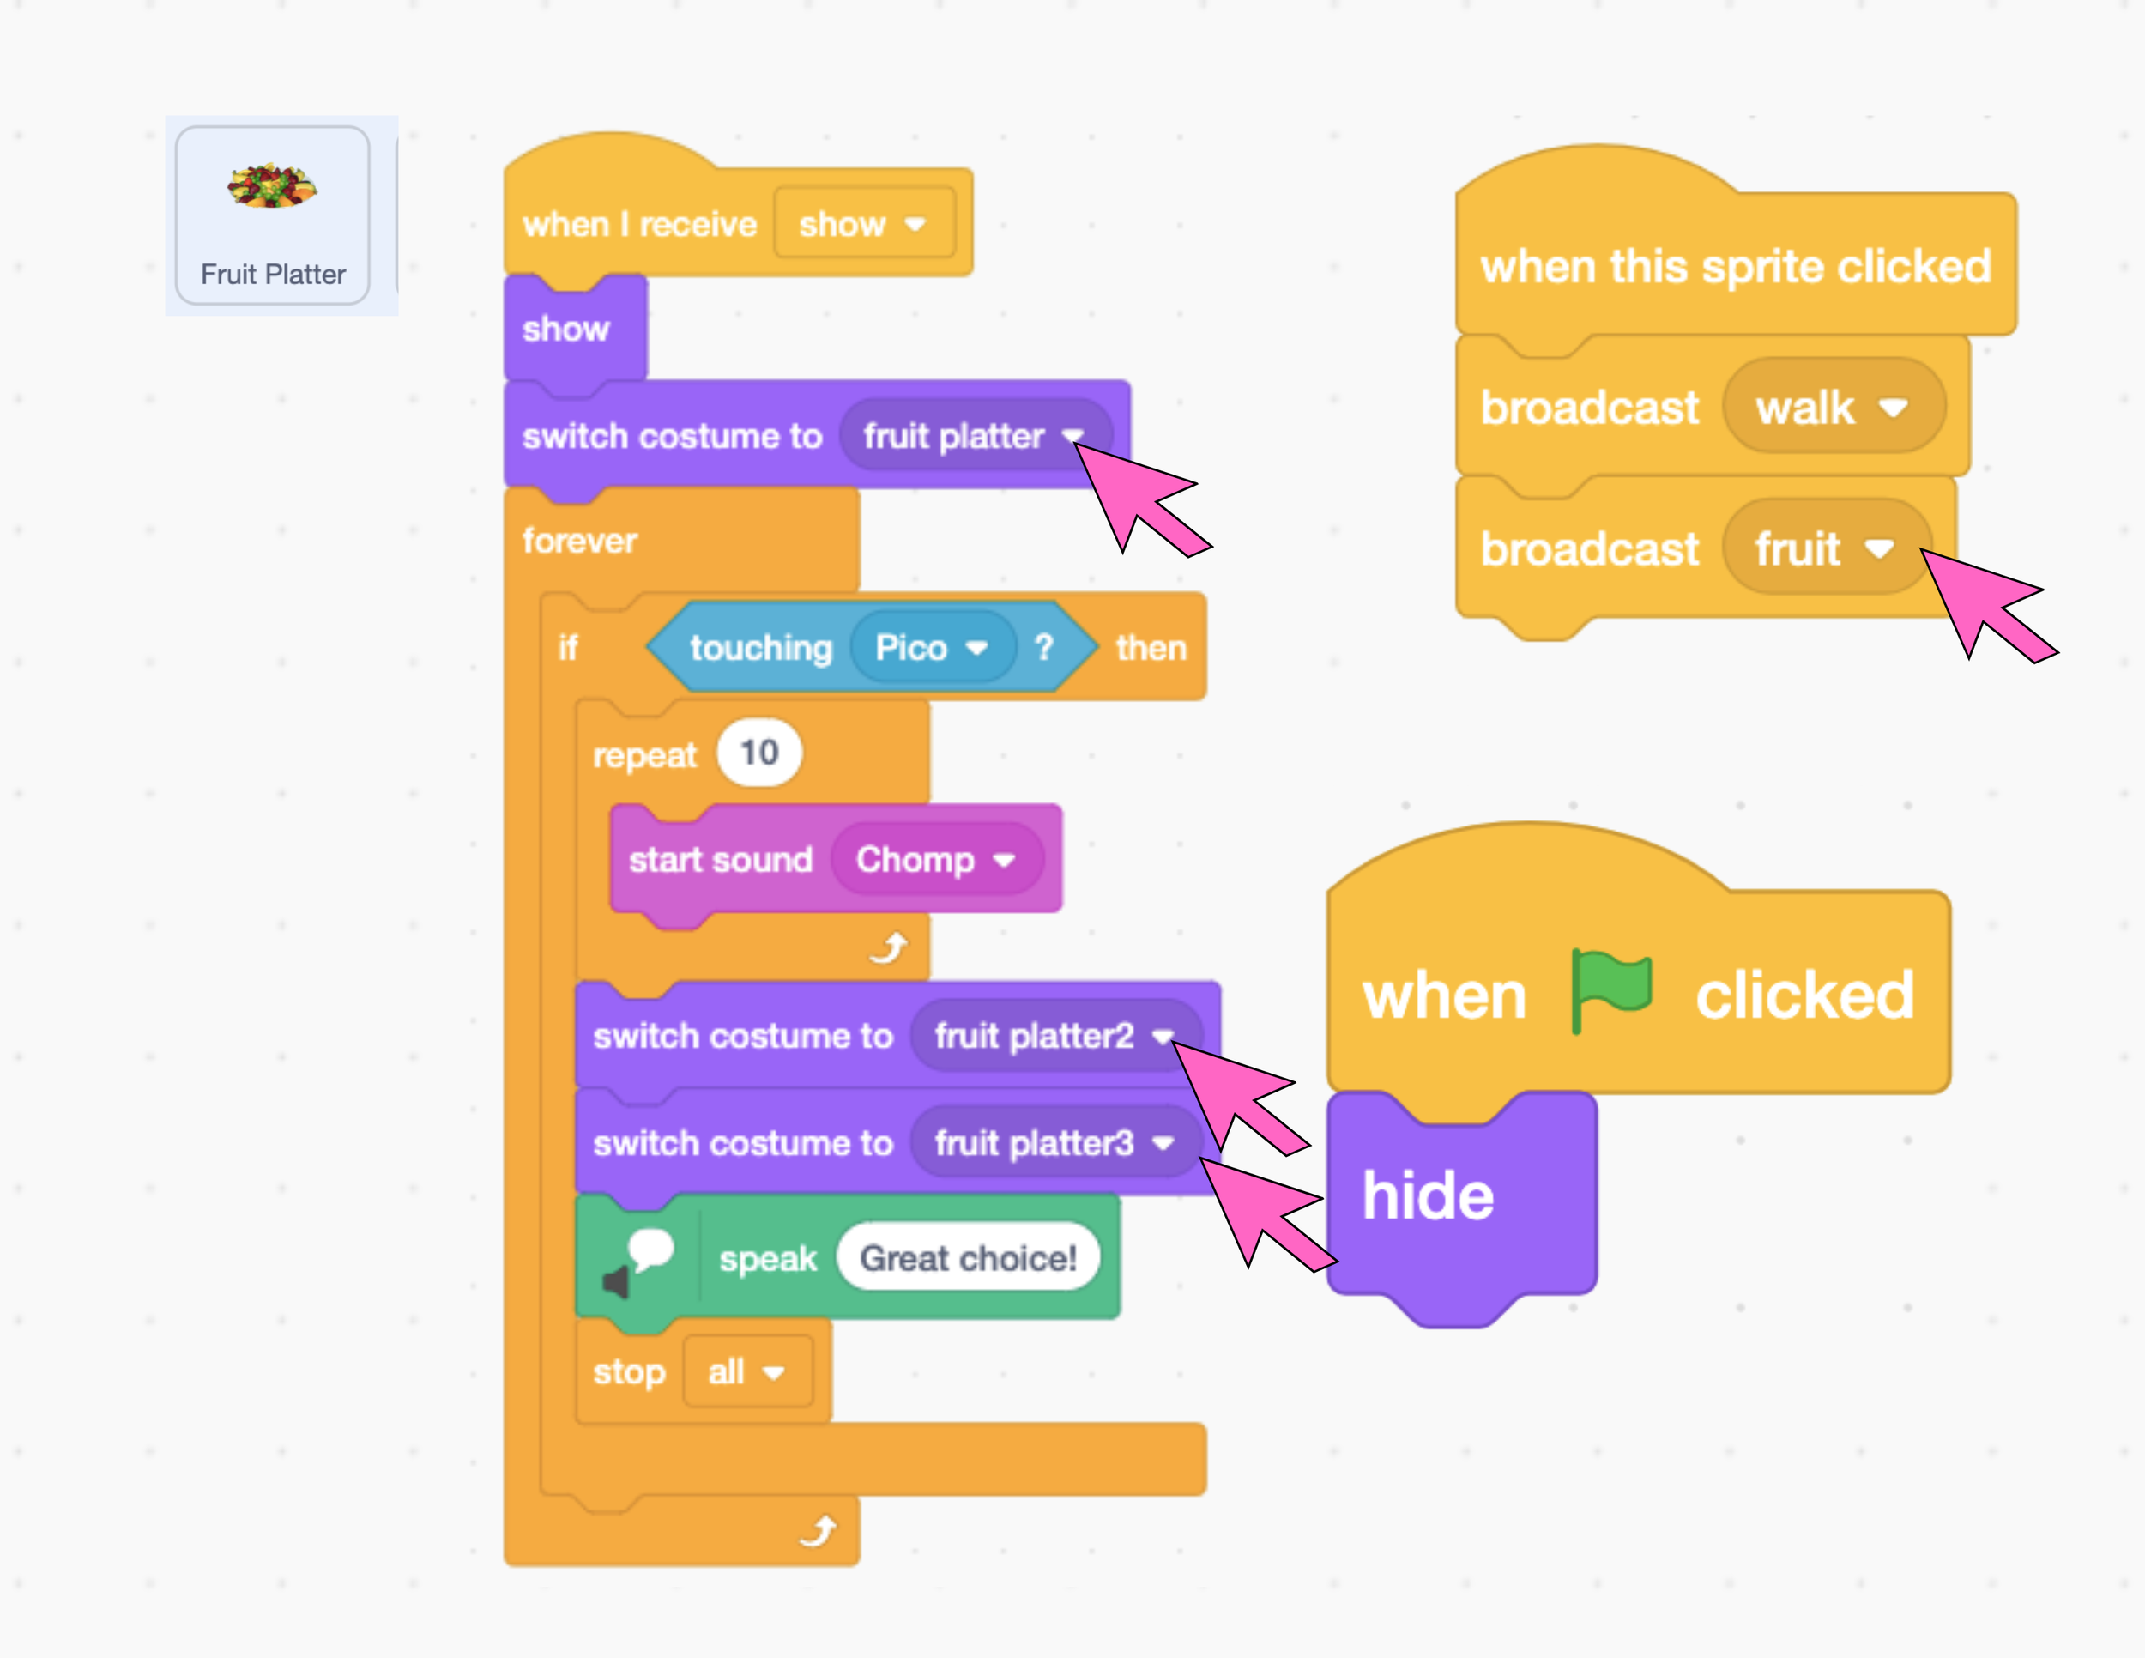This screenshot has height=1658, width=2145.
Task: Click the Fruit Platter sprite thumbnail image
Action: click(272, 185)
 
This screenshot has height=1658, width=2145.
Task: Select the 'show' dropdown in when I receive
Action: click(863, 224)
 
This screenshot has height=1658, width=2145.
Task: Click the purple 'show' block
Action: click(566, 329)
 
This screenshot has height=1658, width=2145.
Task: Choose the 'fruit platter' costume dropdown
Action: click(972, 436)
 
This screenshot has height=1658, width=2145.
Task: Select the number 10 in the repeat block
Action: click(758, 753)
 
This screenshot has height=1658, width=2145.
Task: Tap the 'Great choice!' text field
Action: click(968, 1257)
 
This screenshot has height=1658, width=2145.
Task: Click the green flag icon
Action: click(1610, 989)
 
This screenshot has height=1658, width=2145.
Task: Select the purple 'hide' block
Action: click(1429, 1195)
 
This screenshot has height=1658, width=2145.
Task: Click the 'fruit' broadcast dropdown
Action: click(1824, 548)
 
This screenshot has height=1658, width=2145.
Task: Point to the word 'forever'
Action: click(579, 541)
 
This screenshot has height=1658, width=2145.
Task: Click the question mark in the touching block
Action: click(1044, 647)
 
